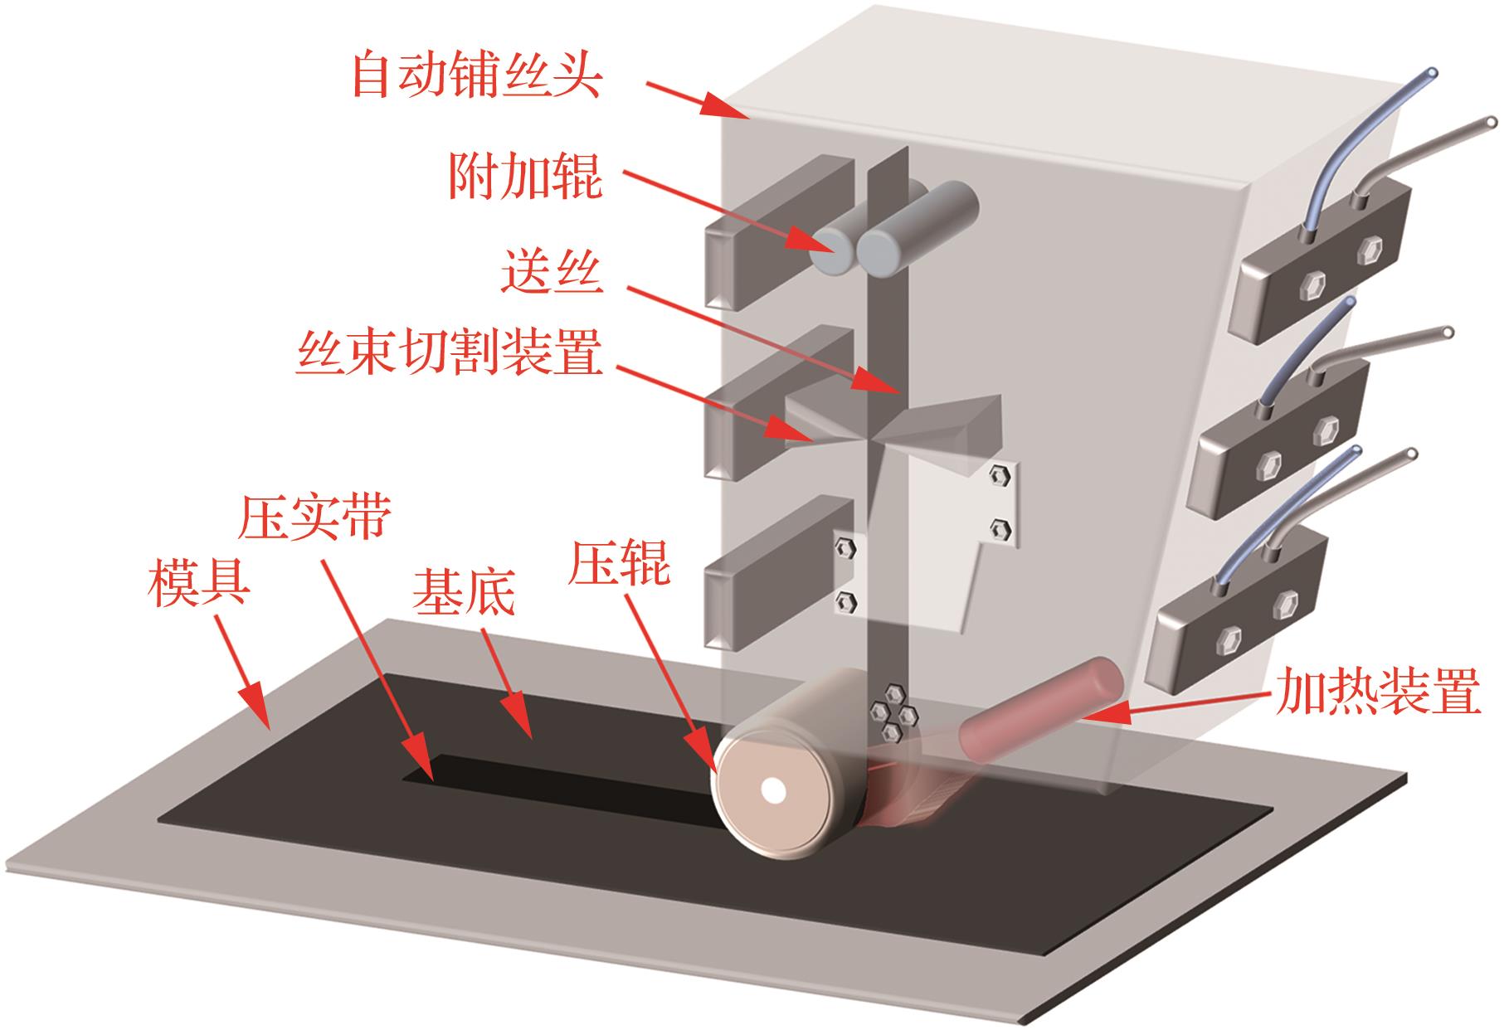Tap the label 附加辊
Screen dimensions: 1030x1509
click(525, 176)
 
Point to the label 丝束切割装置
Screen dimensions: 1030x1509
click(449, 357)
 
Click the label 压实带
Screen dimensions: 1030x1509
click(314, 517)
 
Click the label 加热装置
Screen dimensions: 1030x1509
click(1378, 692)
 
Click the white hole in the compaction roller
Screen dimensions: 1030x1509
click(774, 790)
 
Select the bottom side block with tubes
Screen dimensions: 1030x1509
click(1237, 615)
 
